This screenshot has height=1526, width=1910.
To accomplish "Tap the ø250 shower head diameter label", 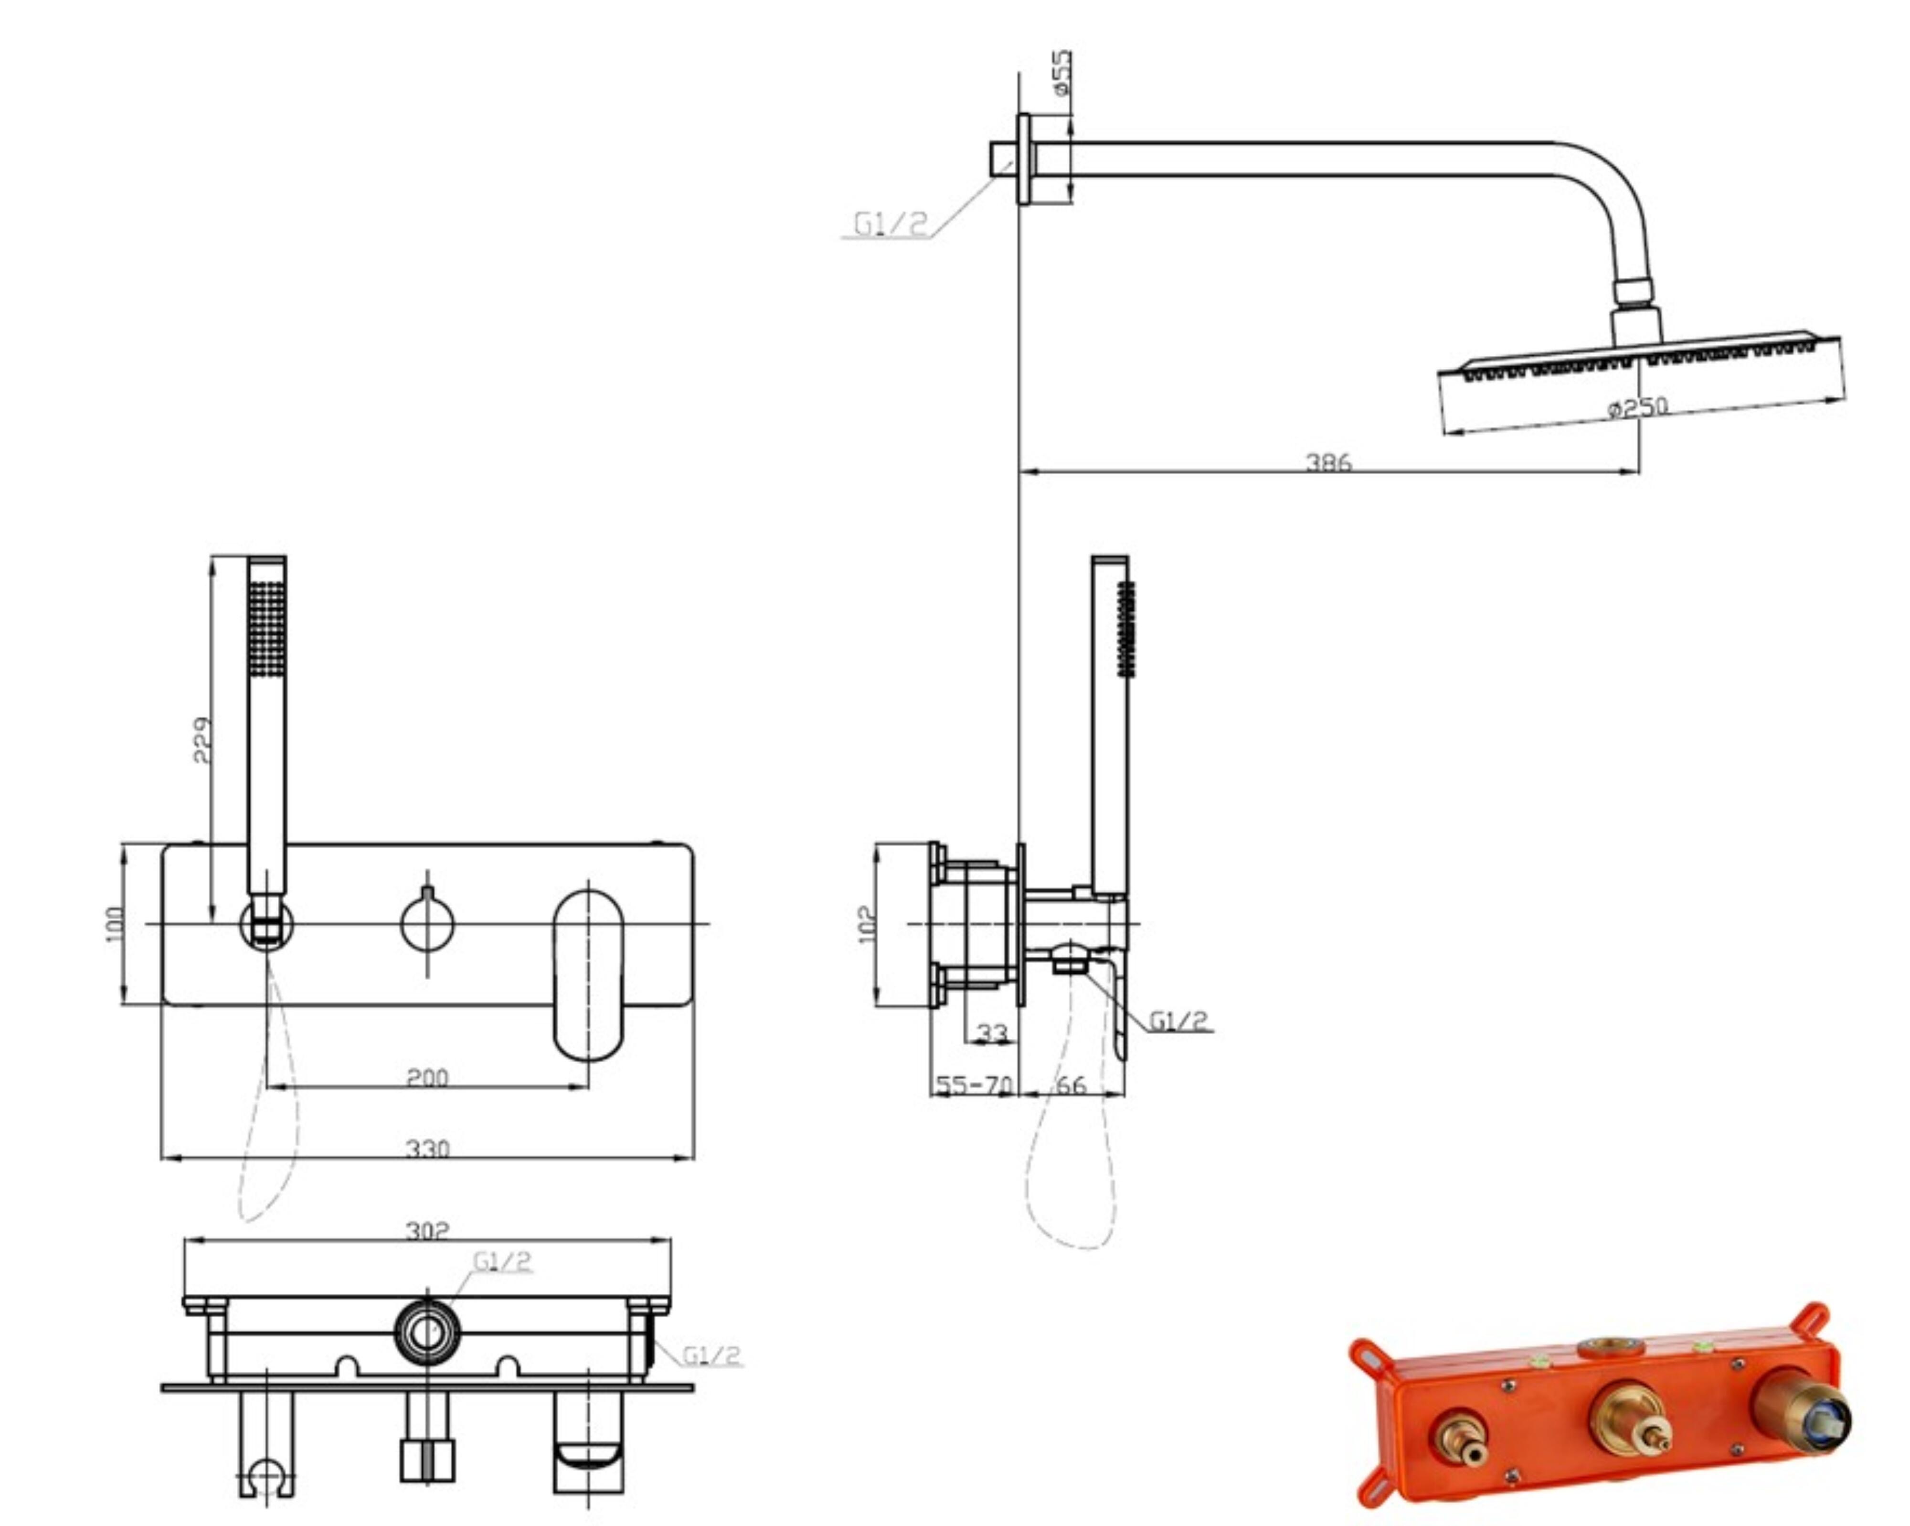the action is point(1638,407).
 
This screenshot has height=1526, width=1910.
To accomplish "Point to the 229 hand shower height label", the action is point(202,740).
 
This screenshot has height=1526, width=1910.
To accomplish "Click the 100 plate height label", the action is point(115,924).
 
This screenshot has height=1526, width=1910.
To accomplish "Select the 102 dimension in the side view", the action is point(867,924).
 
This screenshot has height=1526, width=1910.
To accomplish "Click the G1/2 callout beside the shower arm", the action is point(890,224).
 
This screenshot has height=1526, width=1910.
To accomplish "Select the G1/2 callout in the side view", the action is point(1178,1021).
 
